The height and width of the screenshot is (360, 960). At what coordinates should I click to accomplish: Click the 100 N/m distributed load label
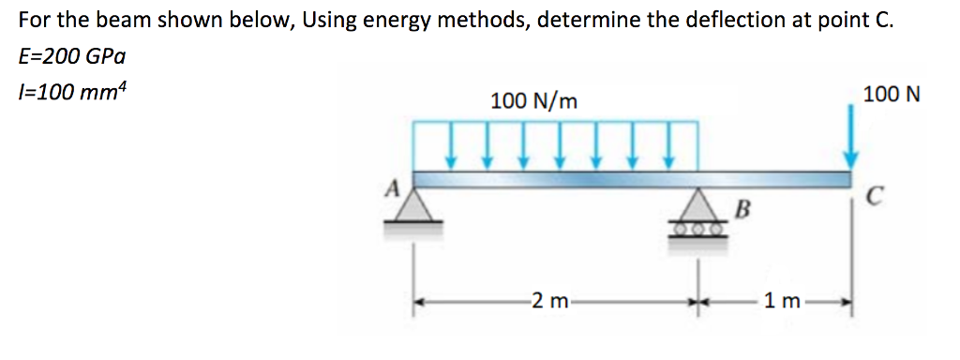532,100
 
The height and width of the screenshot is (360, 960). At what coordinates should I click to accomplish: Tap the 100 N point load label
892,95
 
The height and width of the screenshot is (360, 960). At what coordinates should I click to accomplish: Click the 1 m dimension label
782,302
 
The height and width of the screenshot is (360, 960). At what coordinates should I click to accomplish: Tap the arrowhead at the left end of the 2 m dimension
423,303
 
